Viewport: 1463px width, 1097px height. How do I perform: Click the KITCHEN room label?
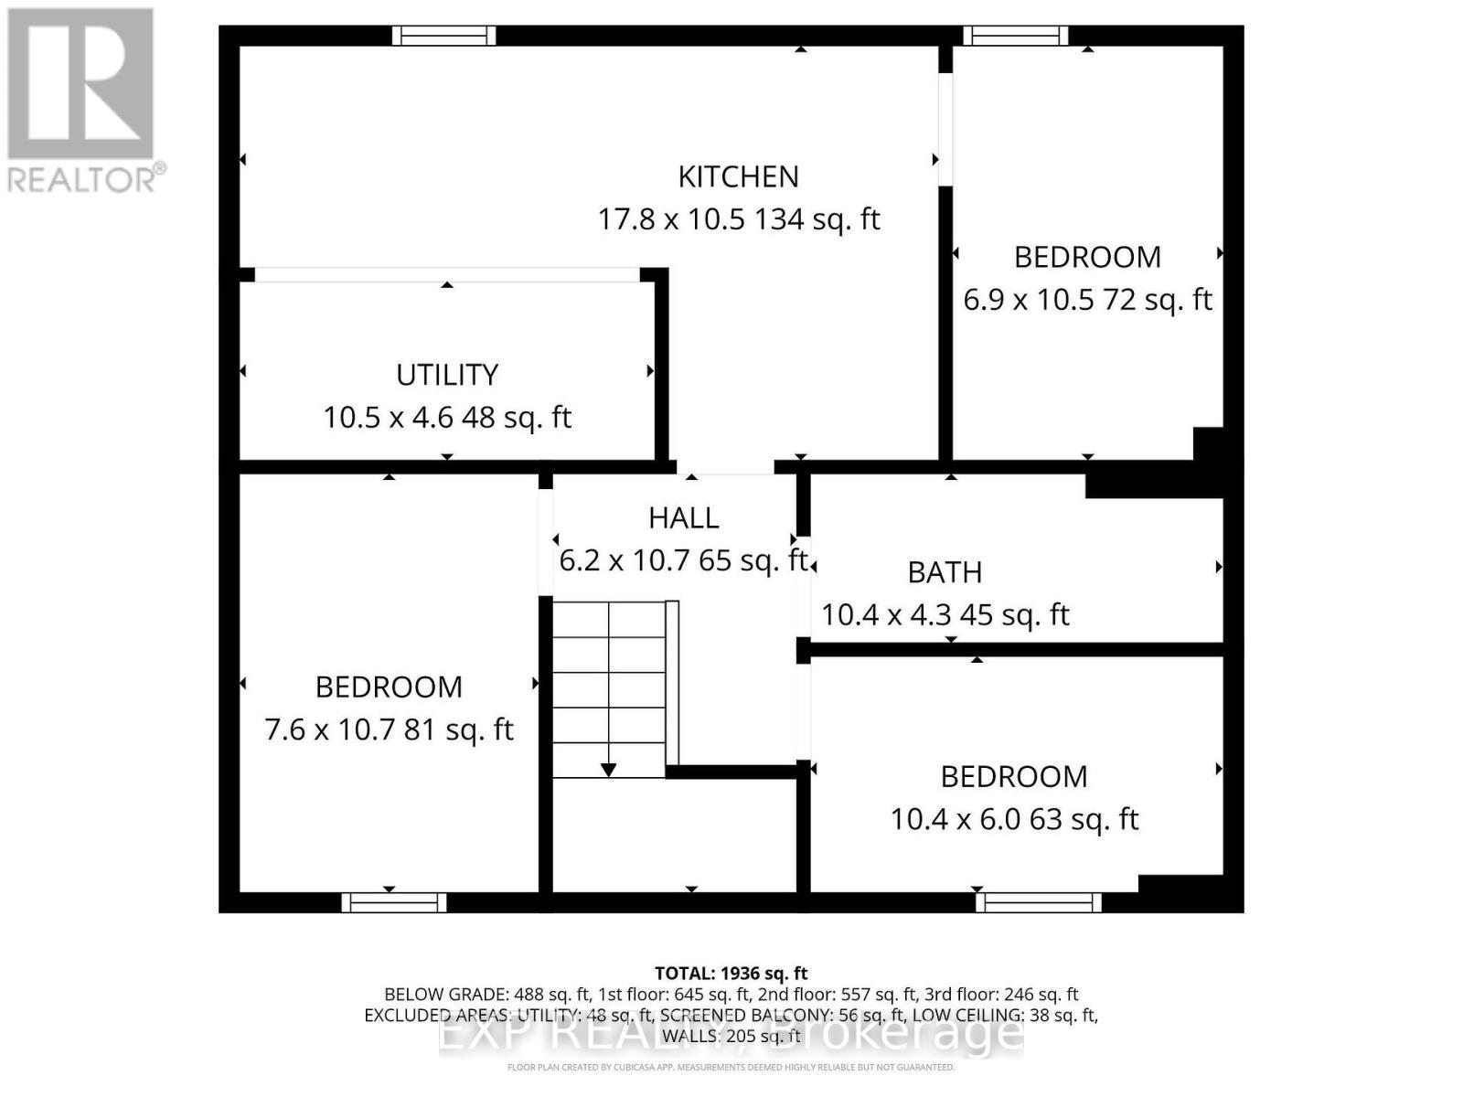(x=738, y=176)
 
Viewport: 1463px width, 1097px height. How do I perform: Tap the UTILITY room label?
(x=447, y=375)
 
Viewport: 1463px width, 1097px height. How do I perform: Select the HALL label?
(x=683, y=518)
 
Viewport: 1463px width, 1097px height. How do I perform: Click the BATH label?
(x=945, y=572)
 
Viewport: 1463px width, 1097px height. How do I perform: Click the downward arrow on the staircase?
(x=608, y=770)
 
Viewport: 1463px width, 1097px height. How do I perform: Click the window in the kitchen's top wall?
(x=444, y=36)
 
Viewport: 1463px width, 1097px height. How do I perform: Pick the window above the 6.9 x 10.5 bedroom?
(x=1016, y=36)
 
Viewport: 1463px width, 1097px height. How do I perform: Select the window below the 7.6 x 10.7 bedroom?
(x=394, y=902)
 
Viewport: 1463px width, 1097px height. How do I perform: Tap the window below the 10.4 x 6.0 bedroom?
(x=1038, y=902)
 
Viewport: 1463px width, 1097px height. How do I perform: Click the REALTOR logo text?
(x=86, y=178)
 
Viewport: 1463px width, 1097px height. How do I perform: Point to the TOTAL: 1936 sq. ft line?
(x=731, y=974)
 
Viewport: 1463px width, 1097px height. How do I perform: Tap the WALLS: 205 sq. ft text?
(x=731, y=1036)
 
